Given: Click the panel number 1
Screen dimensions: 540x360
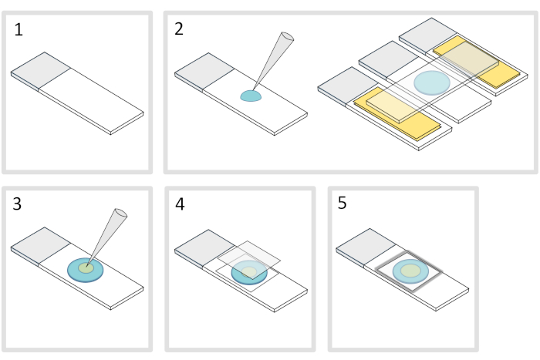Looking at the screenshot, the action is [x=19, y=31].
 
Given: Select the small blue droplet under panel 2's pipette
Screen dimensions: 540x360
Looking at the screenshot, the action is [x=251, y=96].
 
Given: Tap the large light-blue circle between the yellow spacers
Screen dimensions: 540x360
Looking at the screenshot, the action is [x=431, y=81].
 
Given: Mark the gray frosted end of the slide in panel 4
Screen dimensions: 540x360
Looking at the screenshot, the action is [x=202, y=244].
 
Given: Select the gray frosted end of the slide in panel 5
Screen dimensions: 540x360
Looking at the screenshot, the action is [x=366, y=244].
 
